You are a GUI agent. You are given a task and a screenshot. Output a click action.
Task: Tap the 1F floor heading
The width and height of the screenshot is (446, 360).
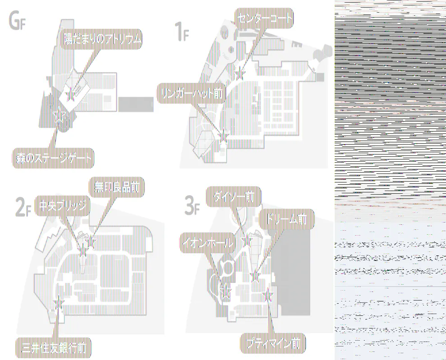[181, 32]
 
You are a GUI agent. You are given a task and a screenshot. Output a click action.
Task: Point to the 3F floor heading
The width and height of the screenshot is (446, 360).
[192, 205]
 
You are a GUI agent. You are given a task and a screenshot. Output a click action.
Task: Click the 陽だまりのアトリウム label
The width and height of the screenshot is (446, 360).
[102, 40]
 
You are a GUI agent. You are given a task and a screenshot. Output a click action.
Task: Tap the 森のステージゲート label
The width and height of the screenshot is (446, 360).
[53, 158]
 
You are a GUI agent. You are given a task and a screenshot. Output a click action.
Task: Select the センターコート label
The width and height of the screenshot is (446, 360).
[264, 18]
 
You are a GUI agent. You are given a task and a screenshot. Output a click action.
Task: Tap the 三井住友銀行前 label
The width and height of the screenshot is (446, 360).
[54, 347]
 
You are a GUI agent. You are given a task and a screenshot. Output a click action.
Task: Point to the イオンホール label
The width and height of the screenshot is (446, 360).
[208, 243]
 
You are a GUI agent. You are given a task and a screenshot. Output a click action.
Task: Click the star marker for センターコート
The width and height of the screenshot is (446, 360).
[240, 73]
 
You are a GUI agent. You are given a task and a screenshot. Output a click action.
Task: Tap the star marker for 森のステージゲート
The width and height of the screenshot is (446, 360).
[58, 116]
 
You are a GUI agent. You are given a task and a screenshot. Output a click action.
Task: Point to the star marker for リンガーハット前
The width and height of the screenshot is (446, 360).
[223, 134]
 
